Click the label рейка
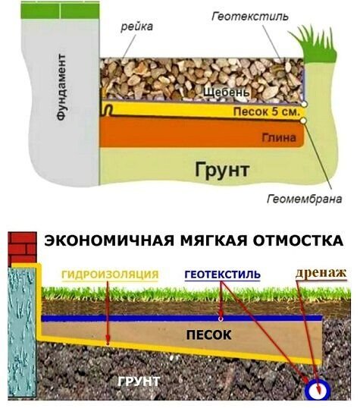136,27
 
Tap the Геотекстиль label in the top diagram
250,17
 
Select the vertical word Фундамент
61,87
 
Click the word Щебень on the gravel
227,93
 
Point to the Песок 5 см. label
266,111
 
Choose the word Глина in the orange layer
279,137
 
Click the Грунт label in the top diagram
222,170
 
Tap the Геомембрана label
305,199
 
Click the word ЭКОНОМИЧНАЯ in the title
109,240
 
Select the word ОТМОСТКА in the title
298,240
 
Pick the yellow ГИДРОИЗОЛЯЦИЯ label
110,275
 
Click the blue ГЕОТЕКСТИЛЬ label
222,275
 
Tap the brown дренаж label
321,273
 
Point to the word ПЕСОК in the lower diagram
209,335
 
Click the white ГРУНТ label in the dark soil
139,381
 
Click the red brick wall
23,247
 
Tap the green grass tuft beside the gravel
315,44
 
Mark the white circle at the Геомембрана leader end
303,121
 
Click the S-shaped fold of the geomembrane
108,110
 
